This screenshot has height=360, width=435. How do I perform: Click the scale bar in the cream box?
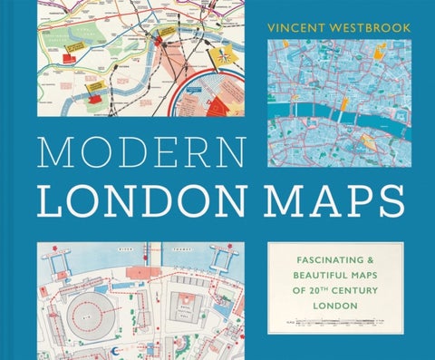click(x=335, y=322)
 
